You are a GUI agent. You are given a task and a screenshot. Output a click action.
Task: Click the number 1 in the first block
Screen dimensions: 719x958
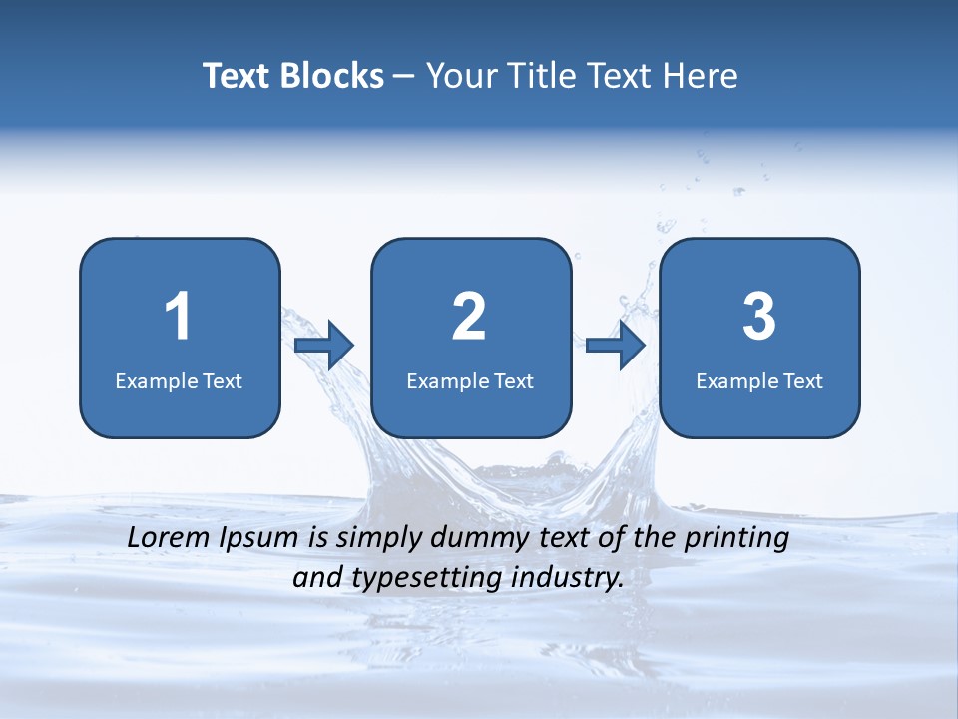point(178,317)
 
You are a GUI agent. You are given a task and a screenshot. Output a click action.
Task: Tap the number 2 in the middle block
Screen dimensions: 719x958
point(469,317)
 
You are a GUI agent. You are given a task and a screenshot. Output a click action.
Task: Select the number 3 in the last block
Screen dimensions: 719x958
point(759,317)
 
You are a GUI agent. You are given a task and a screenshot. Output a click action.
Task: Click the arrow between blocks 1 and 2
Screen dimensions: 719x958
point(325,346)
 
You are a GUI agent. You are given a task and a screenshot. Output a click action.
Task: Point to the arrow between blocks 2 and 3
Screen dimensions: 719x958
point(616,346)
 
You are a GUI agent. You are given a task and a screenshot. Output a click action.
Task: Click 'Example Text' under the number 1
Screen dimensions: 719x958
point(179,380)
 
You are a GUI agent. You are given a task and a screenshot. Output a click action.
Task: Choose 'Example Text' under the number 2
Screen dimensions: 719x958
point(470,380)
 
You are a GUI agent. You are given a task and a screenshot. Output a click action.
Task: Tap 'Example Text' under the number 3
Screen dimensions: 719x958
point(759,380)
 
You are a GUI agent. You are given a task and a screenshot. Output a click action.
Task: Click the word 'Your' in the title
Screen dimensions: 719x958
point(458,76)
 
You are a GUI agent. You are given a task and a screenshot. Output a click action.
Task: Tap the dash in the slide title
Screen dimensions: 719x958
point(404,77)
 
